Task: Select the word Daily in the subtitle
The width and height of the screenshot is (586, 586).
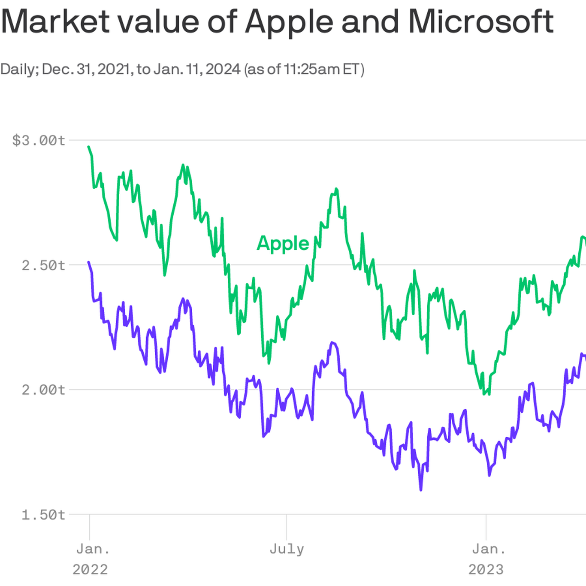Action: (x=19, y=69)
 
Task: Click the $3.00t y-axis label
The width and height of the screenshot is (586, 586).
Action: (x=39, y=140)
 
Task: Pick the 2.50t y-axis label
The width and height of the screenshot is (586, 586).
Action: (x=43, y=265)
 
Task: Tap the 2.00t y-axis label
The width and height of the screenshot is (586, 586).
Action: (x=43, y=390)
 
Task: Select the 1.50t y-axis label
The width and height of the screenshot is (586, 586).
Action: (x=43, y=514)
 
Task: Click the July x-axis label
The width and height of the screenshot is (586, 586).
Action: (x=287, y=549)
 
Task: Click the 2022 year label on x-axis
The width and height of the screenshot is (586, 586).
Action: (x=90, y=569)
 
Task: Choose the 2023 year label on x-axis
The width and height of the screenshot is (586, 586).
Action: (x=486, y=569)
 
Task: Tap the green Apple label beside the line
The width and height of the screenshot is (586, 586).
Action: (x=283, y=243)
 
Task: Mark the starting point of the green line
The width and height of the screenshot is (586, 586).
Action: (x=89, y=147)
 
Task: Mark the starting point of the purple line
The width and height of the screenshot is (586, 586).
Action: (x=89, y=262)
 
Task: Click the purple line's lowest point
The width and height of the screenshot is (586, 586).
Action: (x=421, y=489)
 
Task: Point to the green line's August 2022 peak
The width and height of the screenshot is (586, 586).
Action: (x=336, y=189)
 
